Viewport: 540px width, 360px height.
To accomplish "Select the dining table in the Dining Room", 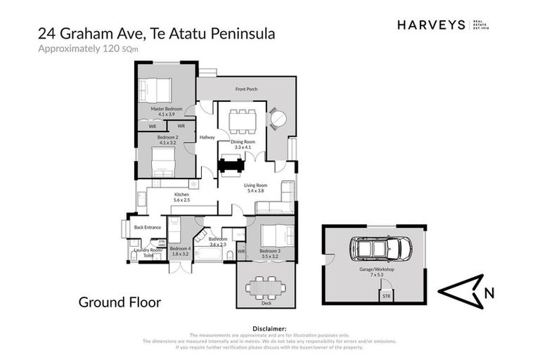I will coord(243,120).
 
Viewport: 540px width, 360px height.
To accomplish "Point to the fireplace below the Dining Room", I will coord(231,165).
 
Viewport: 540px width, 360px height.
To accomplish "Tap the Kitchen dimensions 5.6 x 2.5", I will coord(181,200).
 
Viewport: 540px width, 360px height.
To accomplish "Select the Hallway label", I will coord(207,137).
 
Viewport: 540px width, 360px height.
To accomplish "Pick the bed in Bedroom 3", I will coord(277,234).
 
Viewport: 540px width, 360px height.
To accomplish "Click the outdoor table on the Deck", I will coord(267,288).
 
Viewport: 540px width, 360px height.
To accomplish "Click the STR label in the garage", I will coord(385,297).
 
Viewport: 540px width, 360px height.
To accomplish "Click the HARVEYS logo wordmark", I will coord(431,25).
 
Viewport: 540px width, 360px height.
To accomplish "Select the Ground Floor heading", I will coord(120,302).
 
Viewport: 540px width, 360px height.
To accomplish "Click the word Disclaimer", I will coord(269,328).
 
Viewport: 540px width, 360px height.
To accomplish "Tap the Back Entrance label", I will coord(148,227).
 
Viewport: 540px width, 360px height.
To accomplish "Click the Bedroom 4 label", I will coord(180,248).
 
